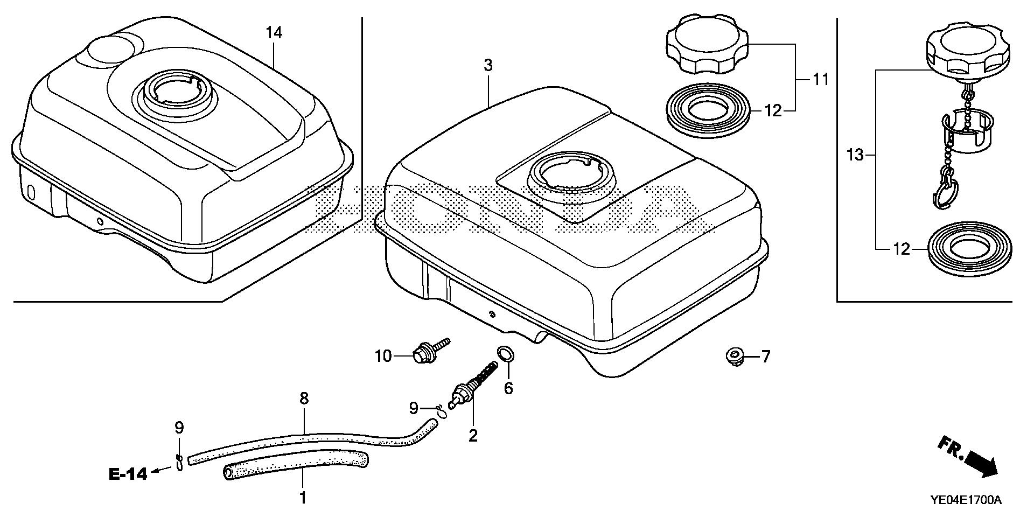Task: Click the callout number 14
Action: (x=274, y=33)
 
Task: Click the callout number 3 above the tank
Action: (x=487, y=66)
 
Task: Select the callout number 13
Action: (x=855, y=156)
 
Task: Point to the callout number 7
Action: (x=765, y=357)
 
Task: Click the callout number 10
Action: (x=383, y=357)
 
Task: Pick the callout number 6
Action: (x=508, y=388)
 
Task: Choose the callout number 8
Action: (x=304, y=399)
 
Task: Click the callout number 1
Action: (x=303, y=497)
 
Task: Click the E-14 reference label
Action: (x=128, y=474)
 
